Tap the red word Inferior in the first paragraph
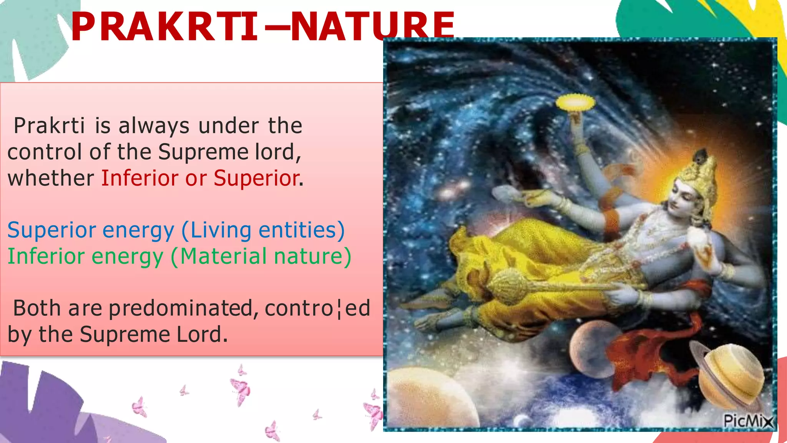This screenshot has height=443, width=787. point(140,178)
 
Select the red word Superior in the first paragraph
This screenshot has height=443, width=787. point(257,178)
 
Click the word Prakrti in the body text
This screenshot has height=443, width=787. point(49,126)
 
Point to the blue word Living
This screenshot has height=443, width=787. point(221,230)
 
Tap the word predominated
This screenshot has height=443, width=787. point(181,308)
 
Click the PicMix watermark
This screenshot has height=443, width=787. point(747,421)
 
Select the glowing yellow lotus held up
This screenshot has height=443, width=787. point(575,102)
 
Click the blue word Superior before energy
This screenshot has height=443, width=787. point(51,230)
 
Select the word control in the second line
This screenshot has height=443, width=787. point(45,152)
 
